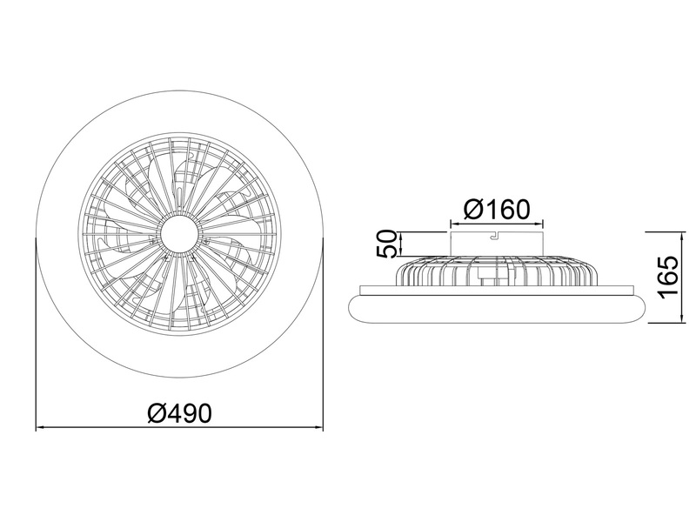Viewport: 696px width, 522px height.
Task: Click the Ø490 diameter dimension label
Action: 180,412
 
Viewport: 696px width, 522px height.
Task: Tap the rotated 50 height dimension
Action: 388,244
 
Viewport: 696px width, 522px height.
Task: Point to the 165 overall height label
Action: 667,278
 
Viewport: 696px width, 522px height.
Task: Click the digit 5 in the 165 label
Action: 667,264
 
